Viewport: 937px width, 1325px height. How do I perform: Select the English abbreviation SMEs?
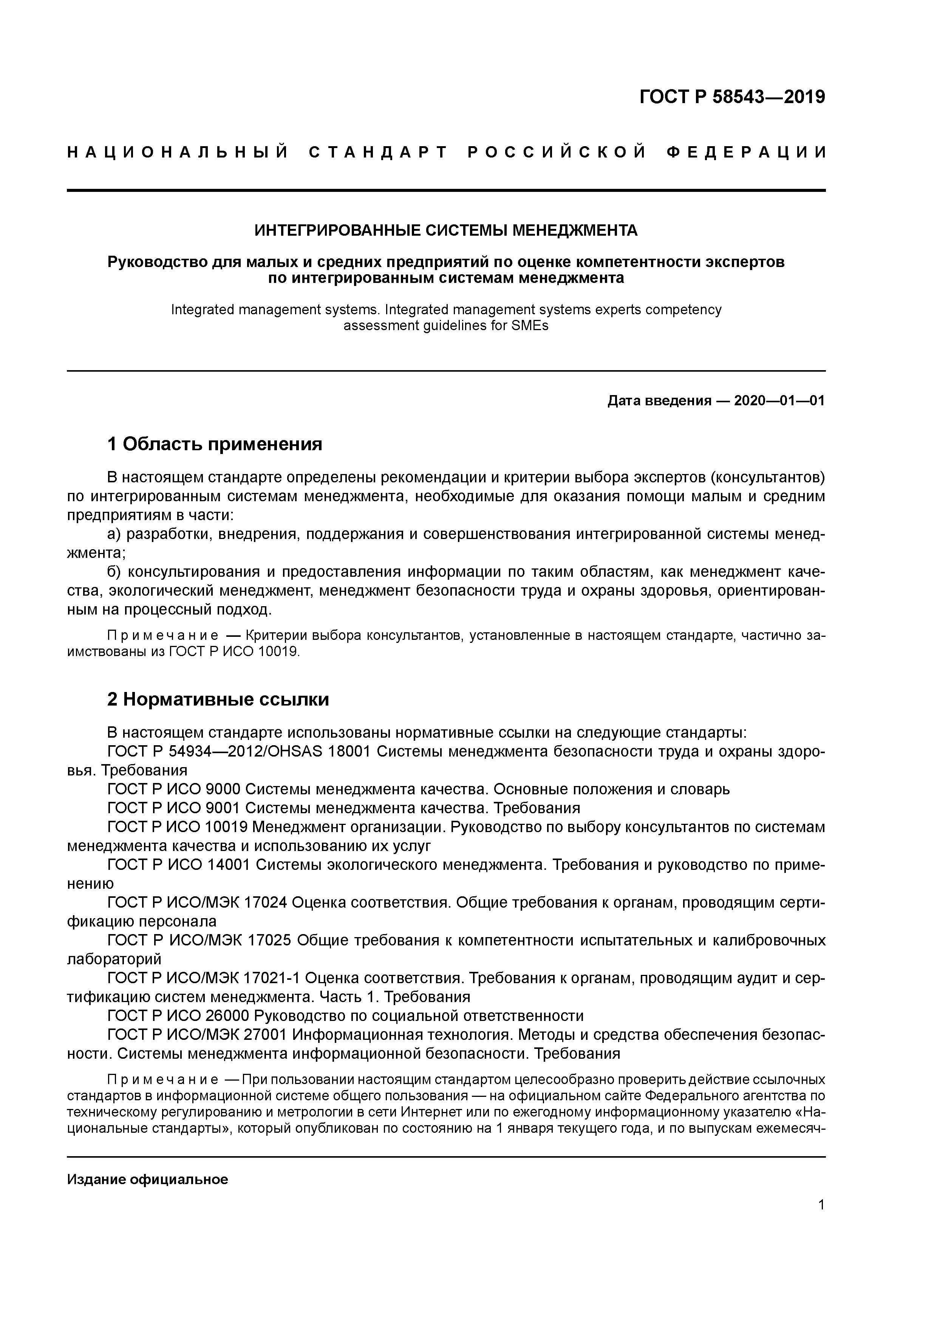pyautogui.click(x=528, y=326)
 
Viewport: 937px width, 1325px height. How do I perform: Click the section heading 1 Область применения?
pyautogui.click(x=214, y=444)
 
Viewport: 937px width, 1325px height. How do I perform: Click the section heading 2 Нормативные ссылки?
pyautogui.click(x=218, y=700)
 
